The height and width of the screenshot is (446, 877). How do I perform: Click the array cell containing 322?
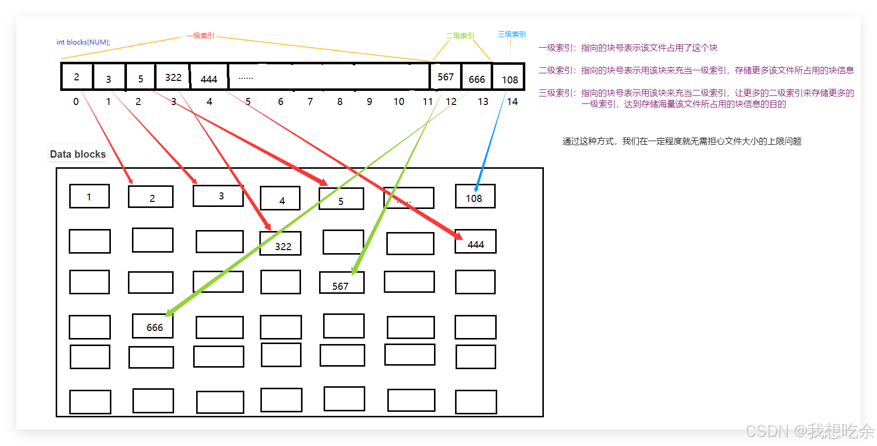(173, 77)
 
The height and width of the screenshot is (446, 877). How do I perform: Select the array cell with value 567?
(446, 77)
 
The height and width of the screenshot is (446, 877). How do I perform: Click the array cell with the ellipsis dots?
(329, 77)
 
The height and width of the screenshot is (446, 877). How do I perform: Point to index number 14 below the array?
(512, 101)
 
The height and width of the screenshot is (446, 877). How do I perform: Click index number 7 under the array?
(310, 101)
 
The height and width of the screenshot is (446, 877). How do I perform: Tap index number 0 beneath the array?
(76, 101)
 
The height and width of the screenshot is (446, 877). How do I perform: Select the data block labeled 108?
(475, 196)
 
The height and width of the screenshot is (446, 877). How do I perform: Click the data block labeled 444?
(476, 242)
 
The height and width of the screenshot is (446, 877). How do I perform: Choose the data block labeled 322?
(280, 244)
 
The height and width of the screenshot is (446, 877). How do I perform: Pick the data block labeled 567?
(342, 283)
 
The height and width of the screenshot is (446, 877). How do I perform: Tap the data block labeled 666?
(153, 326)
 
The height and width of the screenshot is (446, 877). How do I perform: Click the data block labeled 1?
(89, 196)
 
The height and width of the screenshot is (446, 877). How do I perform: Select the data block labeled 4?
(280, 199)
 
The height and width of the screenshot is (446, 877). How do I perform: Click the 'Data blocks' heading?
(78, 154)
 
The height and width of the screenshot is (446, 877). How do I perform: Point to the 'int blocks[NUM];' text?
(83, 42)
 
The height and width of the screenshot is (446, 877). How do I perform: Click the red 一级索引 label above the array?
(200, 36)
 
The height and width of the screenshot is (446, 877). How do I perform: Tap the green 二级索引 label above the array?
(460, 36)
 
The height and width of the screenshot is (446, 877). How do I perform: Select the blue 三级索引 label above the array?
(512, 34)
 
